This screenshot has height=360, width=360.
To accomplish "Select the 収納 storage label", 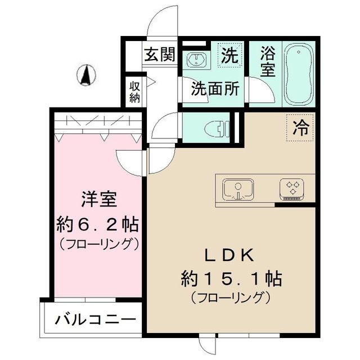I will (x=135, y=92).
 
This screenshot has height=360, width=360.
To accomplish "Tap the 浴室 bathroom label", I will (x=267, y=62).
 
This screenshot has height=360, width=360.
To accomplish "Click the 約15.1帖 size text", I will (x=231, y=277).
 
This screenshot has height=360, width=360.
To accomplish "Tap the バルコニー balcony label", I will (x=96, y=320).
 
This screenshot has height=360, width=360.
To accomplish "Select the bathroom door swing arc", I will (x=260, y=90).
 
